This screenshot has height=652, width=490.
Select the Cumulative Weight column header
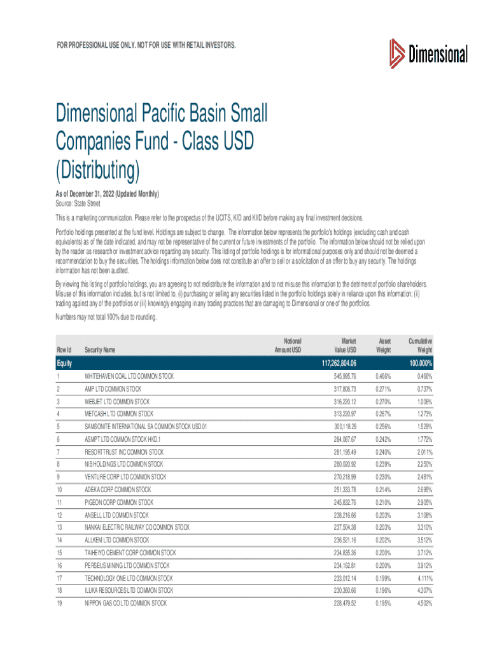420,346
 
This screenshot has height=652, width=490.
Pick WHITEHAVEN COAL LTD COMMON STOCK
129,376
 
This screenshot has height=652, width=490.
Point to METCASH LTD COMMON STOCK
119,414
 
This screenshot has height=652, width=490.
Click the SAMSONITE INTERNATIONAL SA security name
146,426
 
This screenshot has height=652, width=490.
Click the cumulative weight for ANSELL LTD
422,514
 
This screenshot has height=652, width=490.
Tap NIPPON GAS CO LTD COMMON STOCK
126,603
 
